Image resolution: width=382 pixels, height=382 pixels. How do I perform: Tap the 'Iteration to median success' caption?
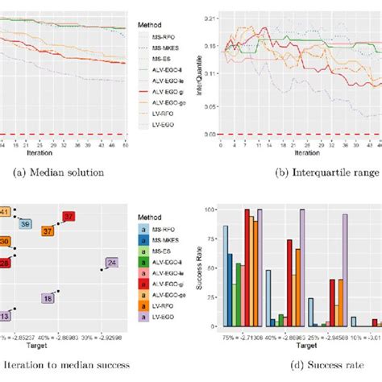point(65,365)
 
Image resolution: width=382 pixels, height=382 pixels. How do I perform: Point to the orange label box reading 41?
point(4,212)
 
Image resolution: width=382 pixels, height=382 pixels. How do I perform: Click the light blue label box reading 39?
point(26,224)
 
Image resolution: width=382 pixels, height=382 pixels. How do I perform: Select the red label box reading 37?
point(69,217)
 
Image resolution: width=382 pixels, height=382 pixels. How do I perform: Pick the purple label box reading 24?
point(111,263)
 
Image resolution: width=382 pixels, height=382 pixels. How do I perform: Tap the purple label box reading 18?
point(48,298)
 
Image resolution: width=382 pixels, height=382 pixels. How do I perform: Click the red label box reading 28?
point(5,263)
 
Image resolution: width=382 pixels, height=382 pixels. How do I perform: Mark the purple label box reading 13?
point(5,316)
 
